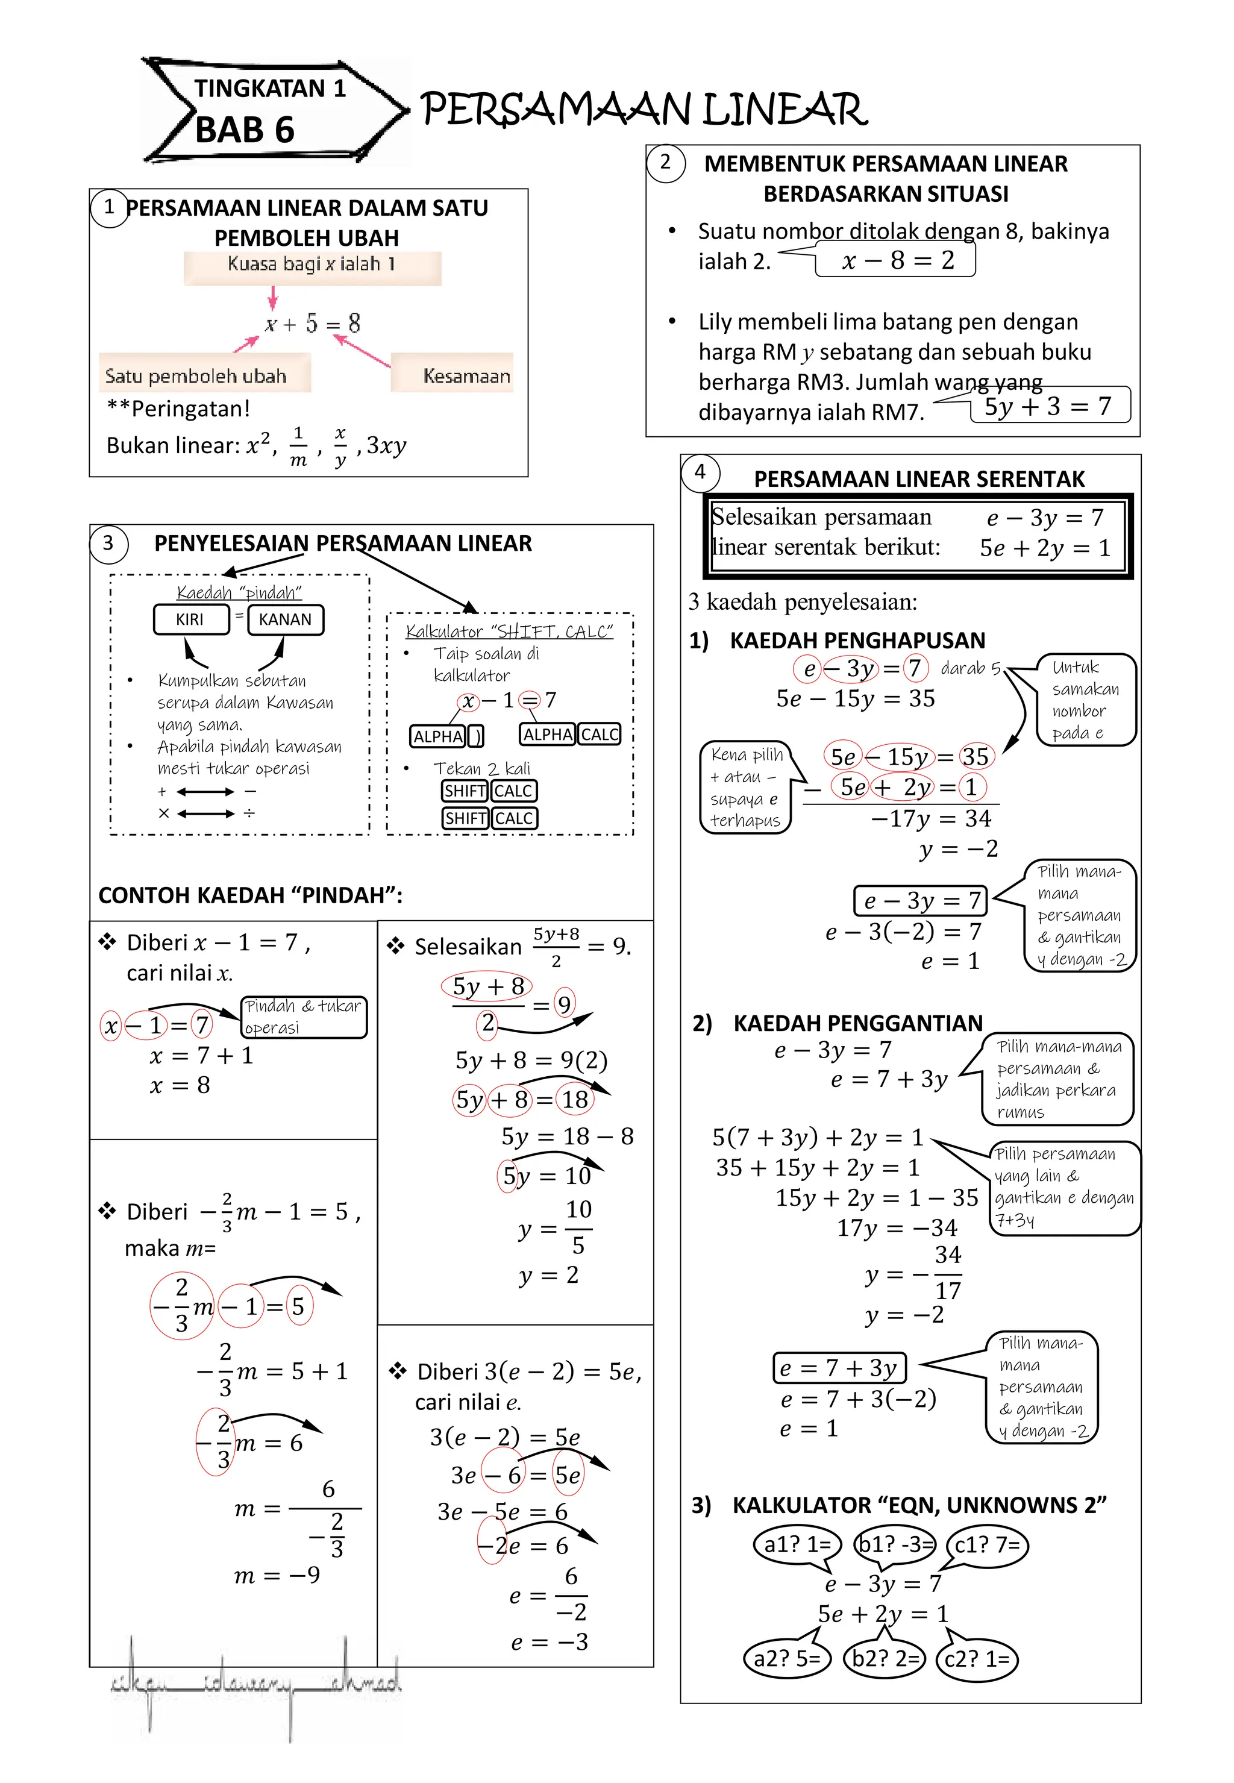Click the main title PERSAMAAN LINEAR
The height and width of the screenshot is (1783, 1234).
(x=644, y=110)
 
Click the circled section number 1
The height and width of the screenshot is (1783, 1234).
(x=109, y=207)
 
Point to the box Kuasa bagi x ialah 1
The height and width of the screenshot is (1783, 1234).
(x=312, y=265)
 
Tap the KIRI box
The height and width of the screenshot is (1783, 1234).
(x=190, y=619)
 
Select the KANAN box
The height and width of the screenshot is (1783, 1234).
(x=286, y=619)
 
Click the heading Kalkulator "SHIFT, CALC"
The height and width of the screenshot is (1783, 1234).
(x=509, y=631)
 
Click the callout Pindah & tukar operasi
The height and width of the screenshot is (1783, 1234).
(x=303, y=1016)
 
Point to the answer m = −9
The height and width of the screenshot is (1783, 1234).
(x=277, y=1576)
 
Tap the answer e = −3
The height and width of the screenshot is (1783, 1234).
(x=549, y=1642)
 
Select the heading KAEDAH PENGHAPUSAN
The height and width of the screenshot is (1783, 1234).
(x=857, y=640)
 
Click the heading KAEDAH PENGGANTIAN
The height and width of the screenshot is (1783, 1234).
(x=857, y=1023)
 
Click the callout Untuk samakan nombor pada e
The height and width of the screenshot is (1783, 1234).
(x=1084, y=700)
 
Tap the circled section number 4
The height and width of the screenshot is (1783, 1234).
(x=700, y=472)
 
